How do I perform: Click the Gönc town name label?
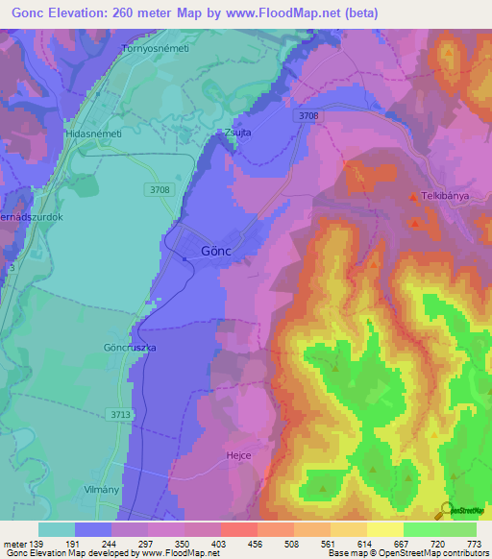pyautogui.click(x=217, y=252)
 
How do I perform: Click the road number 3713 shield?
pyautogui.click(x=120, y=414)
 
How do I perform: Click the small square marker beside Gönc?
pyautogui.click(x=185, y=256)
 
